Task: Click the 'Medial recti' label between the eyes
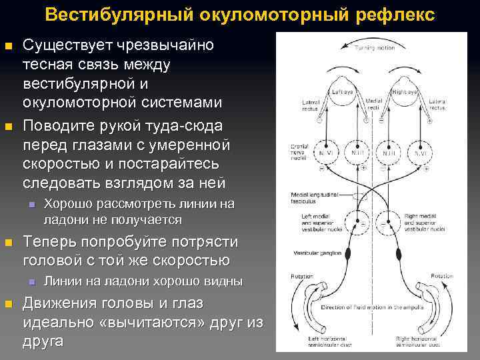tap(373, 105)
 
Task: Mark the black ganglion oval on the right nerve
tap(399, 253)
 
